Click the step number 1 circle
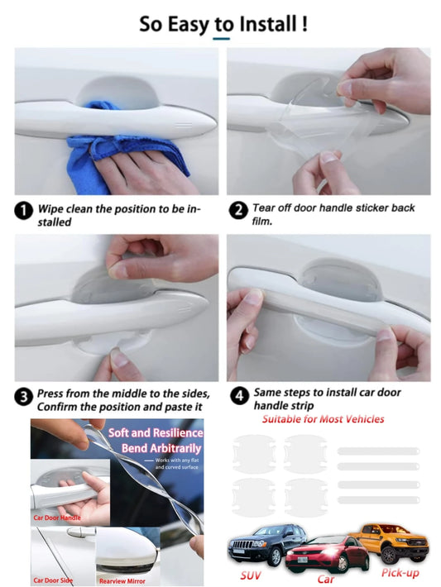click(x=24, y=211)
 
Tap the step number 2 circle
click(x=238, y=210)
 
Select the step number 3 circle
click(x=24, y=397)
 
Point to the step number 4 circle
click(x=239, y=396)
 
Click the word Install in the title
click(x=268, y=24)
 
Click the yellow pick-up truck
click(x=391, y=542)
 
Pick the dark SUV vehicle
click(x=266, y=543)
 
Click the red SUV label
click(x=251, y=575)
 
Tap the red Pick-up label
click(x=400, y=573)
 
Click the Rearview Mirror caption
click(x=122, y=581)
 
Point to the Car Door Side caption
click(x=53, y=580)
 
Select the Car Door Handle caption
click(x=57, y=518)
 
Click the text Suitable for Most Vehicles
click(x=323, y=419)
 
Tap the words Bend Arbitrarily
click(x=161, y=448)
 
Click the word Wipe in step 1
click(x=50, y=209)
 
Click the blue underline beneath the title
click(x=221, y=39)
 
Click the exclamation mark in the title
click(x=304, y=24)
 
